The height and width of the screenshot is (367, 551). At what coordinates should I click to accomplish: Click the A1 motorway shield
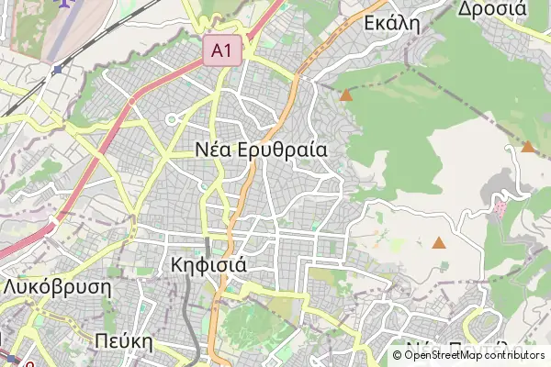[222, 51]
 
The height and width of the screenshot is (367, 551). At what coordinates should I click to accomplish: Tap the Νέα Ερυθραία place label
[262, 149]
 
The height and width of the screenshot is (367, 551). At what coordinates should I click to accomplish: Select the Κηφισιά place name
[208, 265]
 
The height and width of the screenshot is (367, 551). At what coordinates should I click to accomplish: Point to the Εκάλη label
[391, 23]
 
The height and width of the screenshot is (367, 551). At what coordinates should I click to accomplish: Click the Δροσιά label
[492, 9]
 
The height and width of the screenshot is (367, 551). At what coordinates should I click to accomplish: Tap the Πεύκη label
[122, 339]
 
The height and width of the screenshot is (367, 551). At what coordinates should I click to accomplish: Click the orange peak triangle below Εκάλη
[346, 95]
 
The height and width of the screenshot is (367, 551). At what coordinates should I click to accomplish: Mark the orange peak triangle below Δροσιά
[528, 146]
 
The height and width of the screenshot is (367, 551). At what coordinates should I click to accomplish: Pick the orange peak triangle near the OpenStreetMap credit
[439, 243]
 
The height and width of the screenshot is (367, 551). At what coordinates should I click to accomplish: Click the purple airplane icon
[62, 3]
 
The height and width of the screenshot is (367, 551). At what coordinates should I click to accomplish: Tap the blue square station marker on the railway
[58, 69]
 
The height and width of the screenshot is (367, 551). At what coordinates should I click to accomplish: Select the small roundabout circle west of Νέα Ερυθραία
[171, 119]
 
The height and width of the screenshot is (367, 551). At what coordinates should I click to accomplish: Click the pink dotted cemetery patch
[501, 208]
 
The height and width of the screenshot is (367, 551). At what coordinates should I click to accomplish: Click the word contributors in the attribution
[515, 355]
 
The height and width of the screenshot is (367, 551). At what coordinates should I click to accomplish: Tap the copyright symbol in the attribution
[397, 355]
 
